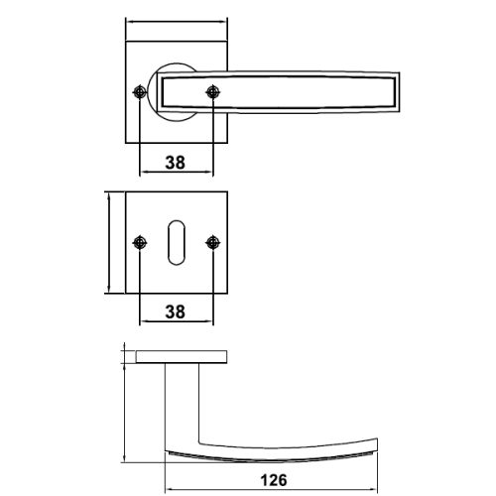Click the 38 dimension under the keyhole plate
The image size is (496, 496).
176,311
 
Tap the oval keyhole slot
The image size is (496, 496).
177,241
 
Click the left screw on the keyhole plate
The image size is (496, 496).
140,241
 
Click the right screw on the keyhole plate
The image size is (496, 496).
212,241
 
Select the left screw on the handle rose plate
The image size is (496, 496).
140,92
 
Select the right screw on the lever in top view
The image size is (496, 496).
212,92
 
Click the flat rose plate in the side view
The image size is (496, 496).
186,356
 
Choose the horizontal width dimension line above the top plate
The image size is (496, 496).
177,23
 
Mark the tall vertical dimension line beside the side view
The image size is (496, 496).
124,407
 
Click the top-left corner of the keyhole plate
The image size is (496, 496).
127,192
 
